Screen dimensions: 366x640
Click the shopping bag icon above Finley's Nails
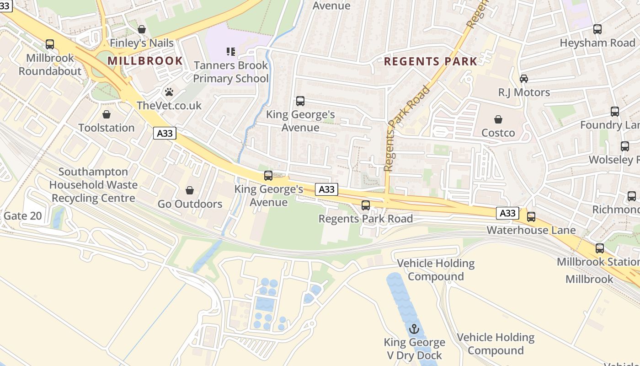point(142,29)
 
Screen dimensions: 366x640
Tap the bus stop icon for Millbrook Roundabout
point(50,44)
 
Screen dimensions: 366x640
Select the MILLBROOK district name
point(145,61)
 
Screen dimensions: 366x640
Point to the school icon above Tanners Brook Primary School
point(231,52)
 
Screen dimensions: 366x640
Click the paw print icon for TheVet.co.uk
point(169,92)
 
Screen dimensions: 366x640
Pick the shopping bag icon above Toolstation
point(107,114)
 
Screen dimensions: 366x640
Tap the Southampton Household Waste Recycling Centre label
point(93,185)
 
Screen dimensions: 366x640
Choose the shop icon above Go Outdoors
point(190,190)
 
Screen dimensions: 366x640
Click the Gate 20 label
point(23,216)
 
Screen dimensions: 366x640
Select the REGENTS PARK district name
point(430,61)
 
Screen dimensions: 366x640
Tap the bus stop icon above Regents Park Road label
point(366,205)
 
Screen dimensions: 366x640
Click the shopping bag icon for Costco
point(498,119)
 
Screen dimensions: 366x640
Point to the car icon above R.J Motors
point(524,79)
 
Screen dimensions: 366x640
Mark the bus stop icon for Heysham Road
point(597,29)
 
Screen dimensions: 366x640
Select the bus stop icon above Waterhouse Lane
point(531,217)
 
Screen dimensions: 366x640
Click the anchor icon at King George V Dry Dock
point(414,329)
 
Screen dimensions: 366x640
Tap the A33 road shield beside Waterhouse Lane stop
point(507,213)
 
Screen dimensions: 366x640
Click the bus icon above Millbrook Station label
point(600,248)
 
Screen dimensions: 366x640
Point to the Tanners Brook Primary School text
point(231,72)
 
